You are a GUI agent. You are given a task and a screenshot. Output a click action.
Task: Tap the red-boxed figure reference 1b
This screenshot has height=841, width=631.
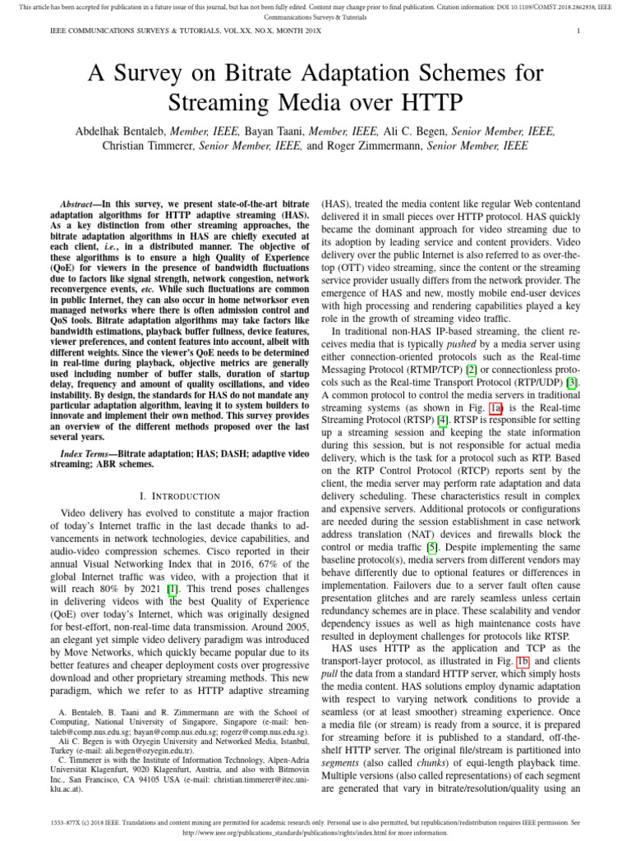pyautogui.click(x=521, y=638)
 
